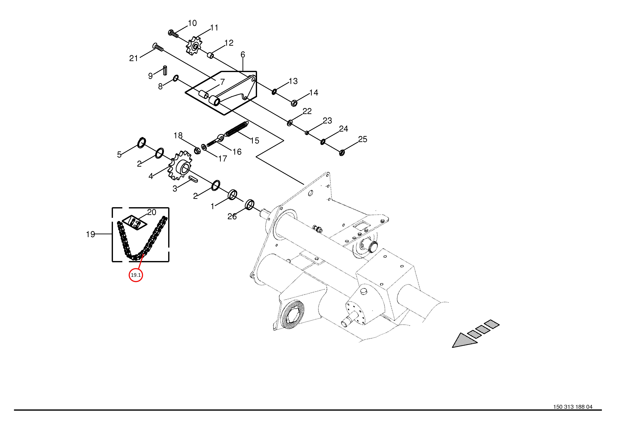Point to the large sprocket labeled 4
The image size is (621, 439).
click(x=180, y=167)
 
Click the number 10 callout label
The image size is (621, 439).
click(x=192, y=23)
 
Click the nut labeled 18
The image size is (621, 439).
click(x=197, y=150)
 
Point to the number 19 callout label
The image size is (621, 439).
click(x=90, y=234)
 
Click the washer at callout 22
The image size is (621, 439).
click(x=289, y=123)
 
